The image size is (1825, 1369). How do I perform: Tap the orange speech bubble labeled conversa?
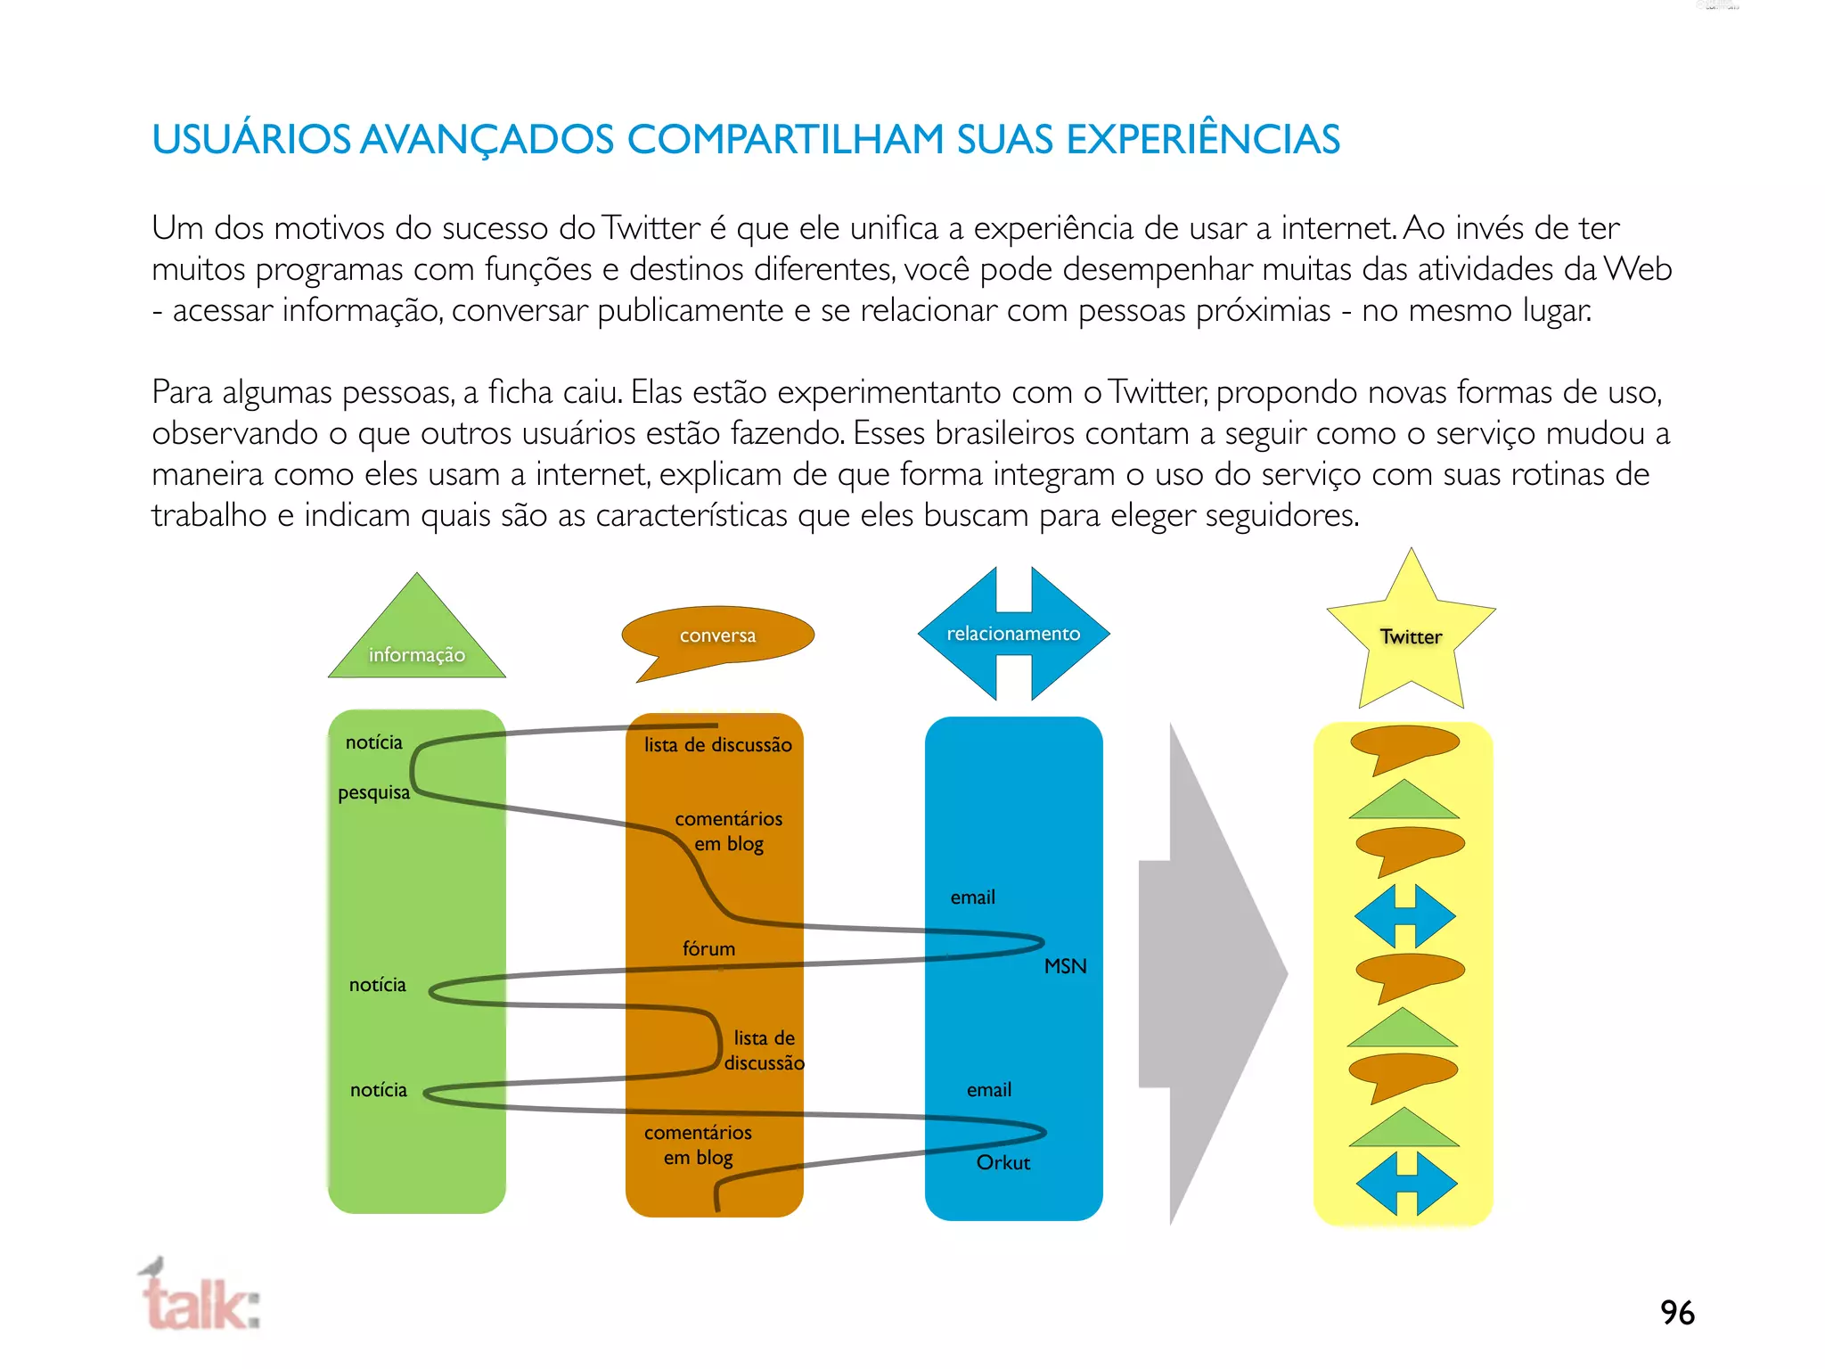(717, 635)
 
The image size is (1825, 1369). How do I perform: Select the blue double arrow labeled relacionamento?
(1013, 634)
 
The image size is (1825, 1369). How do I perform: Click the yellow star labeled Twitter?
(1411, 635)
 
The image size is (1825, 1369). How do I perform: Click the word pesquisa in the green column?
(373, 792)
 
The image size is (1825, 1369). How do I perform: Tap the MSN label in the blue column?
(1065, 966)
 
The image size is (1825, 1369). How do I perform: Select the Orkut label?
(1003, 1162)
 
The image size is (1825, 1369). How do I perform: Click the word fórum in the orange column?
(708, 949)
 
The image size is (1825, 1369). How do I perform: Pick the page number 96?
(1677, 1313)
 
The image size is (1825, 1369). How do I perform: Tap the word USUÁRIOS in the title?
(251, 140)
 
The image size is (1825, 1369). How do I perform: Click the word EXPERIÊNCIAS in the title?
(1203, 140)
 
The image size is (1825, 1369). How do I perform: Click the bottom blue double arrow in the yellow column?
(1406, 1184)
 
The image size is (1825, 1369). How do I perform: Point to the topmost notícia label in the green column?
(373, 742)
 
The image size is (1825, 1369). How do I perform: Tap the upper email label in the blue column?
(972, 898)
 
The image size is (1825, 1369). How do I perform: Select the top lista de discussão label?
(717, 745)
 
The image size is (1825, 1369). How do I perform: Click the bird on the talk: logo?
(153, 1267)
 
